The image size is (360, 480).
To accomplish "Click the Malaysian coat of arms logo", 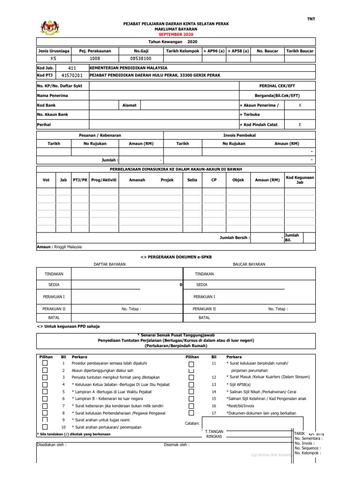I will point(48,28).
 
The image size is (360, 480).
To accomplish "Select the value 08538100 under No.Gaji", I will point(141,59).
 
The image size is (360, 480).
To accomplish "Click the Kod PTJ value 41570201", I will point(72,75).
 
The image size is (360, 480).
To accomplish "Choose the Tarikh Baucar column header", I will point(300,51).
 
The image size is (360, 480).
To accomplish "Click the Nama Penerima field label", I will point(52,96).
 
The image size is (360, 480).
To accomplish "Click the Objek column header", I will point(238,180).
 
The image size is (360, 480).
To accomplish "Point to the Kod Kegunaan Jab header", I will point(300,180).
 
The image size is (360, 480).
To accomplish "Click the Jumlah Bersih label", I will point(235,238).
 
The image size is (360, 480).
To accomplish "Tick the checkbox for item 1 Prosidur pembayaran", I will point(45,363).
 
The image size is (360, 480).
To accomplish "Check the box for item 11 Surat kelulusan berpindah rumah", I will point(191,364).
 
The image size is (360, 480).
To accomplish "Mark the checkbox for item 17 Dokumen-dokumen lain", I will point(191,413).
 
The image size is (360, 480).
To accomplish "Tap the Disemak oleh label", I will point(177,445).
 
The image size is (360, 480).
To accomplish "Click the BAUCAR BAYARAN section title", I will point(249,264).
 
